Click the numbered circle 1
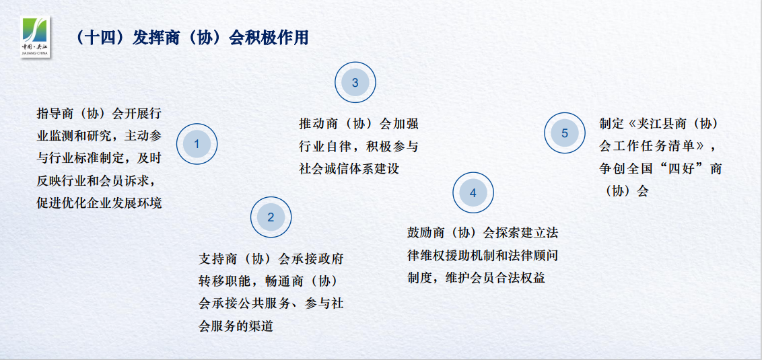[x=197, y=144]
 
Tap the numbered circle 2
[x=271, y=217]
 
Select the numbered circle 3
[x=355, y=83]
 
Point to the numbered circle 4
[x=473, y=193]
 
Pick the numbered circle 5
[x=565, y=133]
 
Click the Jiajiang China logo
[x=36, y=37]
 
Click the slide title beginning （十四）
[x=191, y=38]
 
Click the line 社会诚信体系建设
[x=349, y=169]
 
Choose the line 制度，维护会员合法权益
[x=477, y=278]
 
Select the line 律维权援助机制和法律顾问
[x=483, y=255]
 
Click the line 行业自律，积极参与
[x=358, y=146]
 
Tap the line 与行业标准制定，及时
[x=99, y=158]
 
